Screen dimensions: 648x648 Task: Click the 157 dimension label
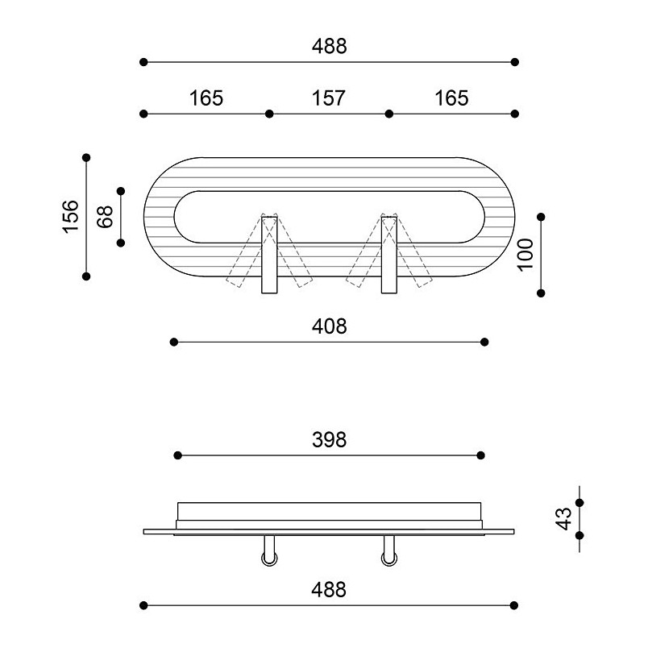[329, 98]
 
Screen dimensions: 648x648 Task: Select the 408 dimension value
[330, 326]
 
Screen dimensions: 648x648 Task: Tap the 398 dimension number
[330, 440]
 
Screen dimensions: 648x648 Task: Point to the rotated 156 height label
[71, 217]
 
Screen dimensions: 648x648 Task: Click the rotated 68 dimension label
[105, 217]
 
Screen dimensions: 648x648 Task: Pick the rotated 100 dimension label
[525, 255]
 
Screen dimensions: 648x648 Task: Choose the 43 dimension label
[563, 519]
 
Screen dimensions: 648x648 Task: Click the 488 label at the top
[330, 46]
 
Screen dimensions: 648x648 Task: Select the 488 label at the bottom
[329, 590]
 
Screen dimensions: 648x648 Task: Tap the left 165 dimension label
[206, 98]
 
